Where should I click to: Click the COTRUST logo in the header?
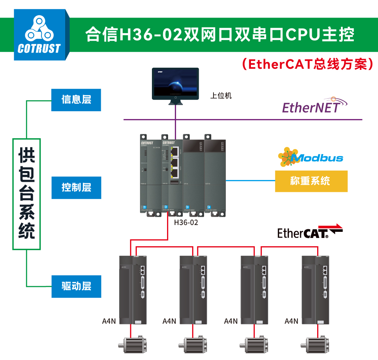(40, 35)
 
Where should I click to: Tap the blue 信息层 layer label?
(76, 100)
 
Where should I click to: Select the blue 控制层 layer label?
(76, 188)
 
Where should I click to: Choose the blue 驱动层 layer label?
(76, 286)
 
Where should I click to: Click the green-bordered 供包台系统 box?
(27, 194)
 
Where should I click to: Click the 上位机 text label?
(221, 96)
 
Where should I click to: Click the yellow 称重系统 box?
(311, 181)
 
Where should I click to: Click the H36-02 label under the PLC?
(186, 222)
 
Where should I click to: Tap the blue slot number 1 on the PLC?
(144, 208)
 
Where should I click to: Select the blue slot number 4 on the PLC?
(209, 208)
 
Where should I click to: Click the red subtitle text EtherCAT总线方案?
(309, 64)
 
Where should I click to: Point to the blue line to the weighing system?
(250, 180)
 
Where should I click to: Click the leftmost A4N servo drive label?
(109, 321)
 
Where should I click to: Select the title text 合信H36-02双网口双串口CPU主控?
(220, 35)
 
